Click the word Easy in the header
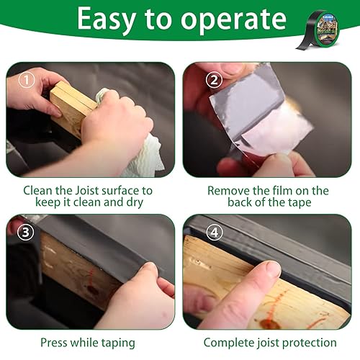(x=107, y=19)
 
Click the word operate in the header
(x=233, y=20)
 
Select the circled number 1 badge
(x=27, y=80)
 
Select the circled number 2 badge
(x=214, y=80)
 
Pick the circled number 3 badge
(x=25, y=233)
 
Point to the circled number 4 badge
(x=215, y=233)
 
